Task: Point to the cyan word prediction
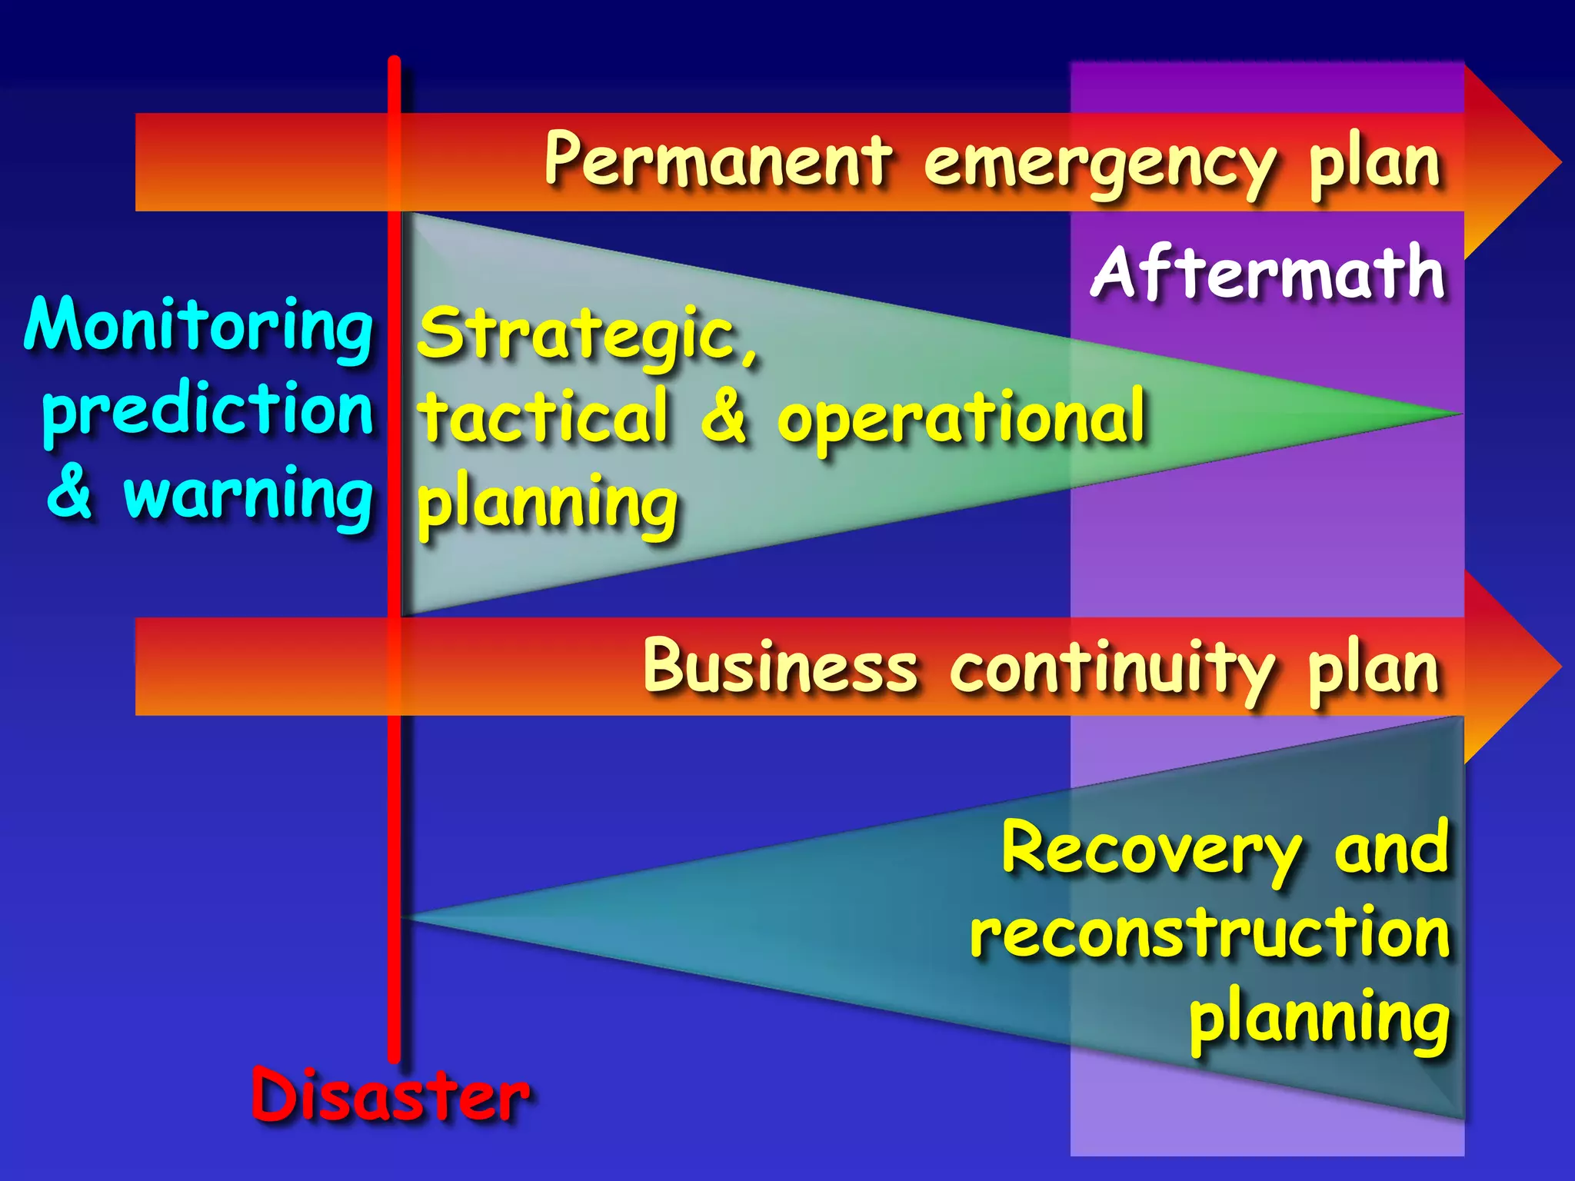coord(208,410)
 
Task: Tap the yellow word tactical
coord(544,415)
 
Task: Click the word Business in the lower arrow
coord(780,665)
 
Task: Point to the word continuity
coord(1113,669)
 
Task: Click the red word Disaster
coord(390,1094)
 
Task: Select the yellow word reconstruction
coord(1210,933)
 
